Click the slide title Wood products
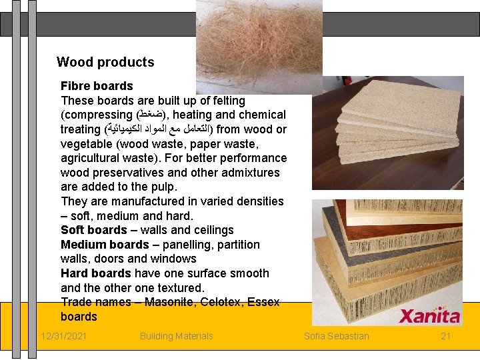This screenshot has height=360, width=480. click(105, 62)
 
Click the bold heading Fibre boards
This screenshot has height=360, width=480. click(97, 86)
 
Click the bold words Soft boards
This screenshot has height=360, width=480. click(93, 230)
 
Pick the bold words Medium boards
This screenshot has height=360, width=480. click(105, 245)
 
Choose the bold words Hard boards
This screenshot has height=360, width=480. click(95, 273)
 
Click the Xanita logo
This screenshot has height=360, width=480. click(429, 316)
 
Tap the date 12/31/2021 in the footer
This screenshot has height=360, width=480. click(63, 336)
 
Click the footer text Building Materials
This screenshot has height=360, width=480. click(176, 336)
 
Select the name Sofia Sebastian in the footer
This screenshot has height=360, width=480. click(336, 336)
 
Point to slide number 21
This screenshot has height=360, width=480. click(446, 336)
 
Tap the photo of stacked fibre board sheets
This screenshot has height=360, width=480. click(387, 133)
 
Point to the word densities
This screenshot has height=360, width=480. click(258, 201)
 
